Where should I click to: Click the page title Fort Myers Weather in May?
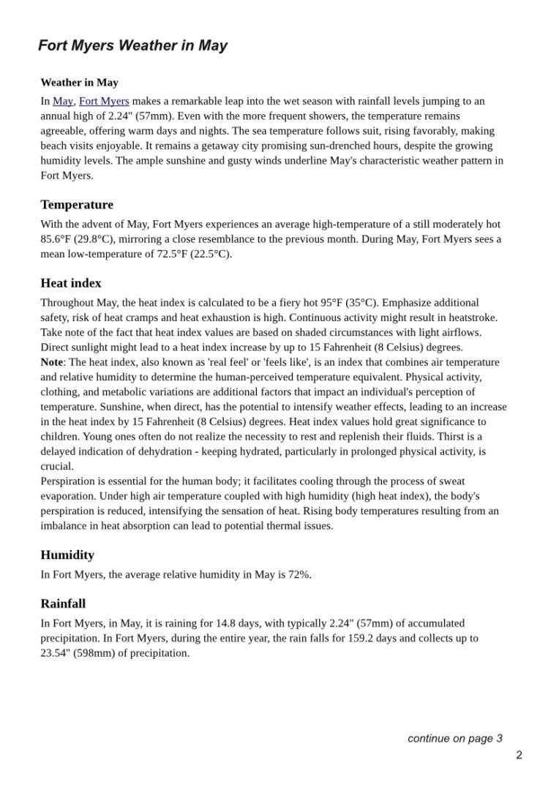132,45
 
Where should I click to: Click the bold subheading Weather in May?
79,83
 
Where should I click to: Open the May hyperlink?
62,101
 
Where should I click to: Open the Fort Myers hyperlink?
104,101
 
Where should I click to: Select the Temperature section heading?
77,205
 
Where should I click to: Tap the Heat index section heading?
71,283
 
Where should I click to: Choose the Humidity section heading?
67,555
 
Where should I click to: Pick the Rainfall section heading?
63,603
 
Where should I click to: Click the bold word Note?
52,362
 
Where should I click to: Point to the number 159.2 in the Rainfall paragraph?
377,638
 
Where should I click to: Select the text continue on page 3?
454,738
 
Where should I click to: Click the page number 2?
519,755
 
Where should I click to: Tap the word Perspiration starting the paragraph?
70,481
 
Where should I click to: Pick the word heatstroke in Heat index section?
471,317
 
